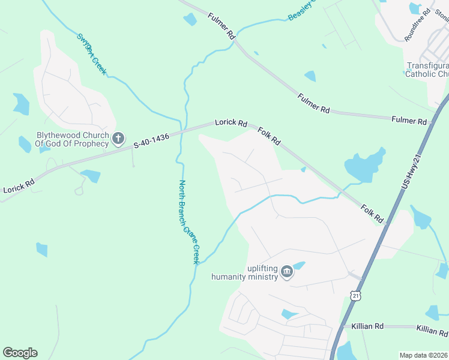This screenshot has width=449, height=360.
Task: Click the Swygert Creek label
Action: [x=92, y=53]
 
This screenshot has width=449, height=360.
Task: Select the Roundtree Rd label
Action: [x=418, y=25]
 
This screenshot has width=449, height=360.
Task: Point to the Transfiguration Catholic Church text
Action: [x=427, y=70]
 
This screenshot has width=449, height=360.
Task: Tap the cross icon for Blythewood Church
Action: [x=118, y=139]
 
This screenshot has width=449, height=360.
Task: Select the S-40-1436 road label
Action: [x=151, y=141]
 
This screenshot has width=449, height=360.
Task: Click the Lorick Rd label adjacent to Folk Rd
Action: [x=231, y=123]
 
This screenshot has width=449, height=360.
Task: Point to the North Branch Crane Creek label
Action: [x=189, y=222]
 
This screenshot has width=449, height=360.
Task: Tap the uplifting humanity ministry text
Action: [x=245, y=272]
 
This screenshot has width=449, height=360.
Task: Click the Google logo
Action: [x=20, y=353]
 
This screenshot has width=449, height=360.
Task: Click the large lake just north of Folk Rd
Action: [x=364, y=167]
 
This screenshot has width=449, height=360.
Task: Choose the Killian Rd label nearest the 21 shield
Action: [x=371, y=326]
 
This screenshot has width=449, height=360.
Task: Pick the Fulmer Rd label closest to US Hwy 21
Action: [x=409, y=120]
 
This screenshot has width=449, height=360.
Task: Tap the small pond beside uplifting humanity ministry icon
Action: [x=298, y=265]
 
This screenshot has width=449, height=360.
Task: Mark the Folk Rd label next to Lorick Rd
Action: [x=269, y=136]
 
